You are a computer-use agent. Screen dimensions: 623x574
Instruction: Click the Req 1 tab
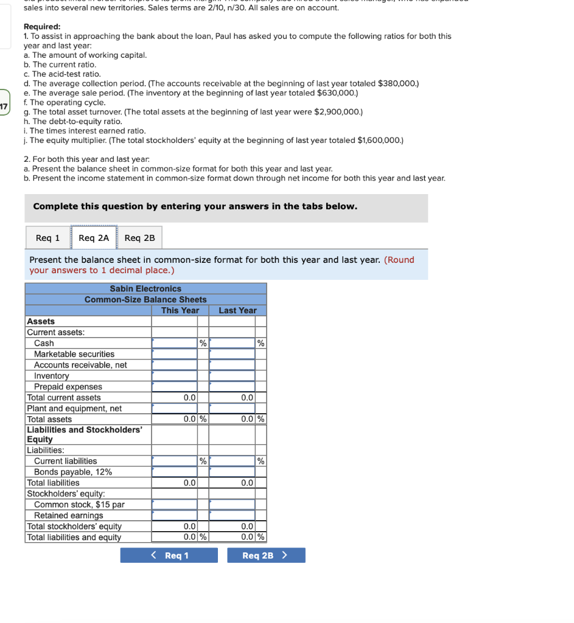pos(48,238)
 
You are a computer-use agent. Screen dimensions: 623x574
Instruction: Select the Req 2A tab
pos(94,238)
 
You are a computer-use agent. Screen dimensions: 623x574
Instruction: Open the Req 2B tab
pos(139,238)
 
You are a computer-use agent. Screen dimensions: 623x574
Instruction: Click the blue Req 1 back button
pos(169,555)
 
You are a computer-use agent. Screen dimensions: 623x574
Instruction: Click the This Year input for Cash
pos(175,343)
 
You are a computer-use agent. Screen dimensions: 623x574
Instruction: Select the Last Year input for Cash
pos(232,343)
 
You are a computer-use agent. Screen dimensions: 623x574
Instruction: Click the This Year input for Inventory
pos(175,376)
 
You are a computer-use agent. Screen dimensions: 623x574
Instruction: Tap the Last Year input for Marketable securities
pos(232,354)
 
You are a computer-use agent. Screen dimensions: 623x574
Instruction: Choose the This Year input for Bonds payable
pos(175,472)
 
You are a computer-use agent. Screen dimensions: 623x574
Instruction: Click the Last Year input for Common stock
pos(232,504)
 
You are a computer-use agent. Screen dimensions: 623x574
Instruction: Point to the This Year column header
pos(180,310)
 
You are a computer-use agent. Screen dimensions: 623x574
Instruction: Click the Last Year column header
pos(237,310)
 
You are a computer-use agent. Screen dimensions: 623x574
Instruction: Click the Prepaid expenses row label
pos(68,387)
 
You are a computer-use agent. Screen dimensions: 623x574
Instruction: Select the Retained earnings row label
pos(69,515)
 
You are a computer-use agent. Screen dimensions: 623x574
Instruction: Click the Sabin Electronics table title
pos(145,288)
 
